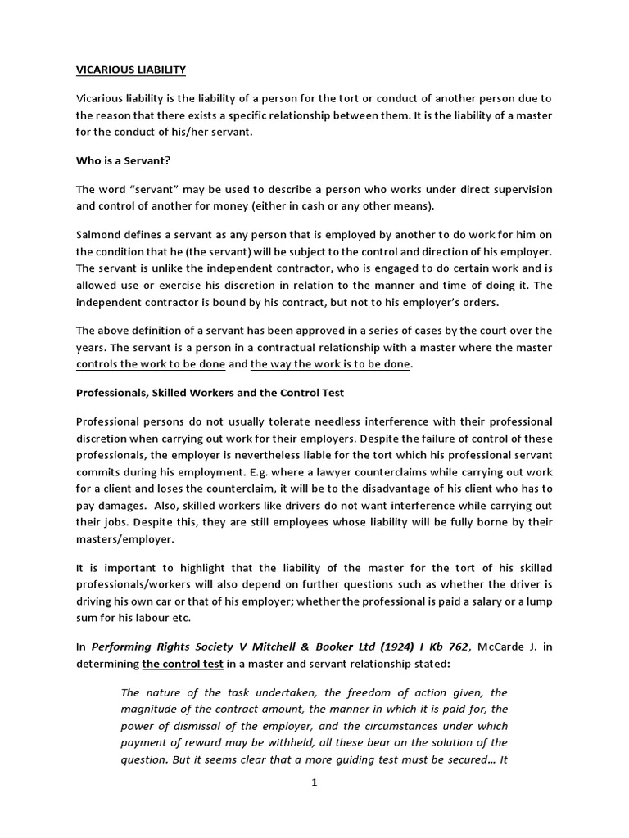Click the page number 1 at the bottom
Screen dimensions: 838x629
click(314, 782)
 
